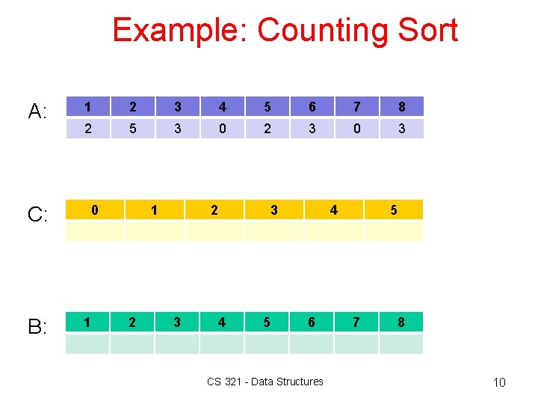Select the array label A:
(38, 112)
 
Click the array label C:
(38, 215)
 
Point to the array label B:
(38, 327)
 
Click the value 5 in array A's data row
(132, 129)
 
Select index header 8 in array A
(401, 106)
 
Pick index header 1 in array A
(87, 106)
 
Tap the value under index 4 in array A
(222, 129)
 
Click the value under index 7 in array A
(356, 129)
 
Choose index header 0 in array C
(95, 210)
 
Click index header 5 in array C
(394, 210)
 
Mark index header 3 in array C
(274, 210)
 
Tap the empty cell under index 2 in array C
(214, 232)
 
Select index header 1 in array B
(87, 322)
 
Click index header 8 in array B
(401, 322)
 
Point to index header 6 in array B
(312, 322)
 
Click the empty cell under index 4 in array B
(222, 344)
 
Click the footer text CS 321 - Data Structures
(265, 382)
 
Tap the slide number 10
(499, 383)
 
